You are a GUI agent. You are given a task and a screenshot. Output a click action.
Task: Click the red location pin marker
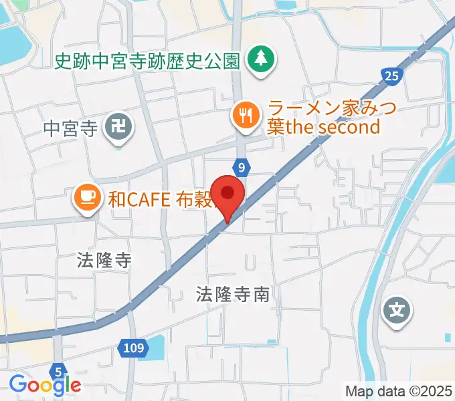coord(228,194)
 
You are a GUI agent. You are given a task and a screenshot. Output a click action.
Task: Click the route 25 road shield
coord(392,77)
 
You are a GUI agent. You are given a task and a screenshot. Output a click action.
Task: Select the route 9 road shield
coord(241,165)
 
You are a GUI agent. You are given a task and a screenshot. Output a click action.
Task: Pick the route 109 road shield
coord(133,347)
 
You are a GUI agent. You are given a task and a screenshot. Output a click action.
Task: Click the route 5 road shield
coord(59,370)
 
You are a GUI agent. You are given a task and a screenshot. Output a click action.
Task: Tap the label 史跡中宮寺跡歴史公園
coord(147,62)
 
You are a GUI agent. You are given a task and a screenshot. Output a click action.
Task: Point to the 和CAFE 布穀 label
coord(160,198)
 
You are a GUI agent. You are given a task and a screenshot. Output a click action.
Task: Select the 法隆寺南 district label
coord(233,293)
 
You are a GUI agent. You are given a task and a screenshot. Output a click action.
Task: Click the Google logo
coord(45,384)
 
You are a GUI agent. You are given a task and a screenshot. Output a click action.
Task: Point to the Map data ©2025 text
coord(399,391)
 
